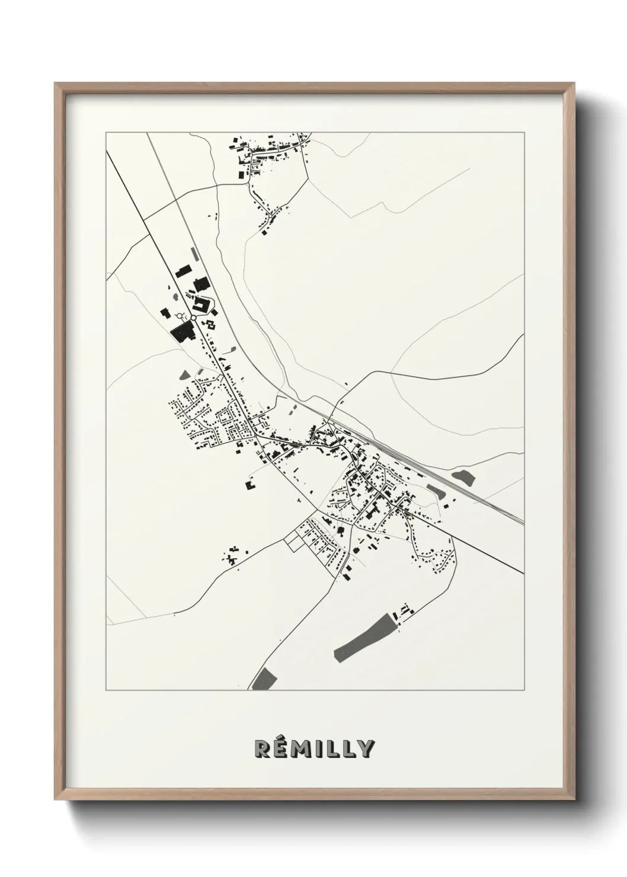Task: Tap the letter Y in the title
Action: pyautogui.click(x=365, y=749)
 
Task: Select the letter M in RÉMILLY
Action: pyautogui.click(x=300, y=749)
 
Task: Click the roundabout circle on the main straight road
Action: pyautogui.click(x=193, y=318)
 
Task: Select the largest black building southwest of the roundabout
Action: pyautogui.click(x=181, y=331)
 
